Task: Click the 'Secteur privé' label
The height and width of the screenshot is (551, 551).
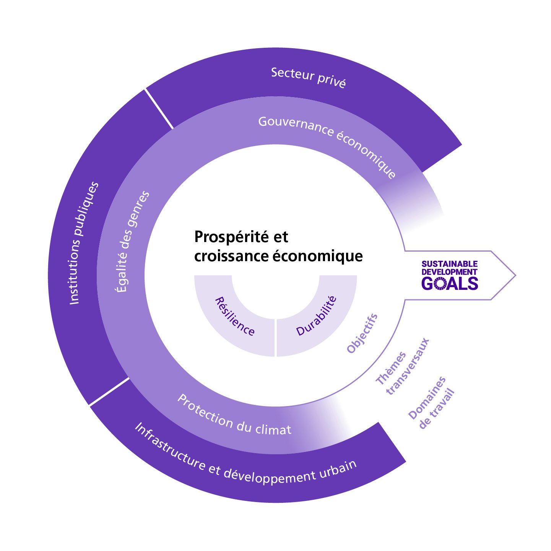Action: [x=308, y=77]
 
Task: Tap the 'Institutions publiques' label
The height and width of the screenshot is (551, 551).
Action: [x=84, y=243]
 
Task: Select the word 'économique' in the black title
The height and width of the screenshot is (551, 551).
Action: [x=318, y=256]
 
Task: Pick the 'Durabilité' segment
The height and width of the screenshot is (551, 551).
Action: [x=317, y=316]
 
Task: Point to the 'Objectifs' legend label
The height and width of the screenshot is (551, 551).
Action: [x=362, y=333]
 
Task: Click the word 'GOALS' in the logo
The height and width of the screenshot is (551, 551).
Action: [x=450, y=283]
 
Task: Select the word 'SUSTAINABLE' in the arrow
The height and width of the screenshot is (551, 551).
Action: [x=450, y=264]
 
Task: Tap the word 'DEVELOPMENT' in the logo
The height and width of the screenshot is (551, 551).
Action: [x=450, y=272]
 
